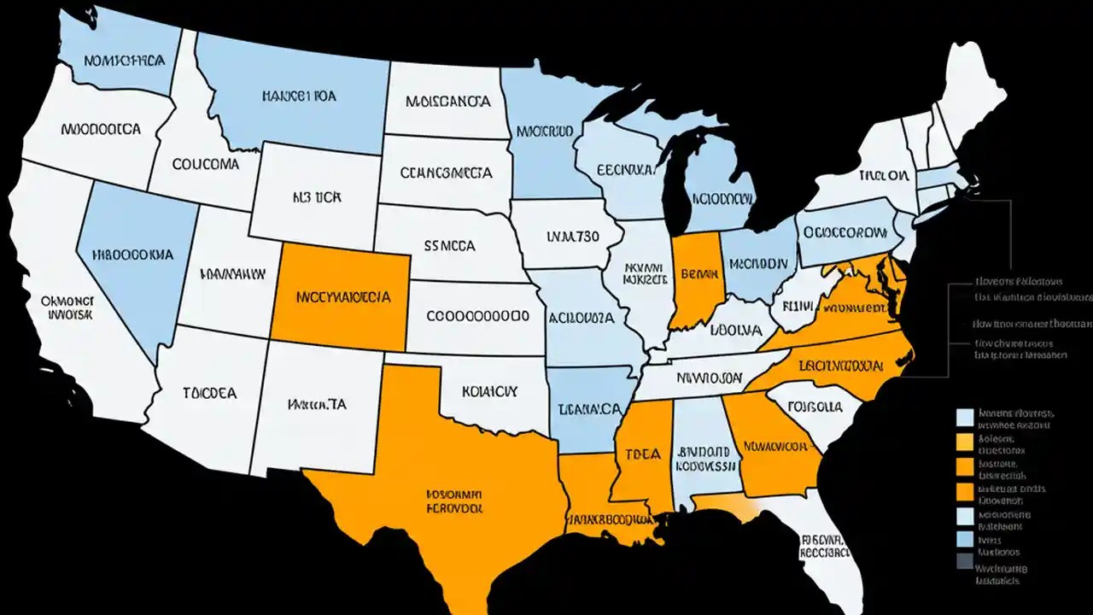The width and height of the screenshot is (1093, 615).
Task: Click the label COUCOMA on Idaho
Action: (x=205, y=164)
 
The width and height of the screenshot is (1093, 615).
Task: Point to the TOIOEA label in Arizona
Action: (x=209, y=393)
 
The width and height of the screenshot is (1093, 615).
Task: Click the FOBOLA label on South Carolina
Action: (x=815, y=407)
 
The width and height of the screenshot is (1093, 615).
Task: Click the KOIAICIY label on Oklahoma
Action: (x=489, y=391)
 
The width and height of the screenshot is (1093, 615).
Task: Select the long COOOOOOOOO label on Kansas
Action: (x=471, y=315)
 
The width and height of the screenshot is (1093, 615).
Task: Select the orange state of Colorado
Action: (x=342, y=297)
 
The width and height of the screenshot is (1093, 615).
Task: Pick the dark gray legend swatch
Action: (x=964, y=560)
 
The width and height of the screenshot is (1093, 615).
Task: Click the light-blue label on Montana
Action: (x=299, y=97)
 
